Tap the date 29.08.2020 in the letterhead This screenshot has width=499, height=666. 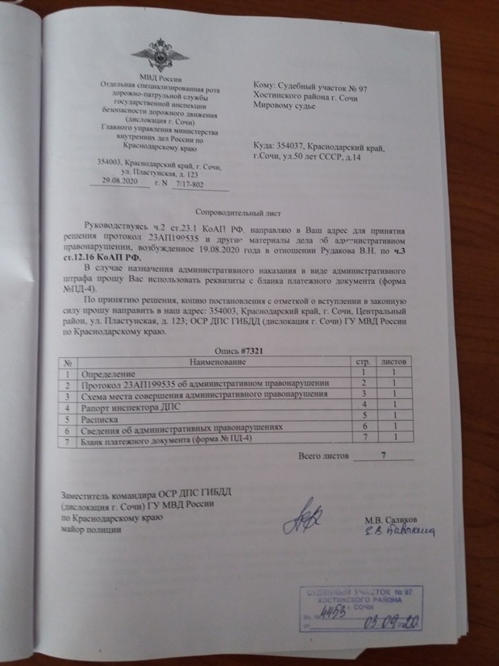point(119,183)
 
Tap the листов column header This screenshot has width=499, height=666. point(393,364)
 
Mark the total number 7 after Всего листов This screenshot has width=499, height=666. point(384,456)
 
